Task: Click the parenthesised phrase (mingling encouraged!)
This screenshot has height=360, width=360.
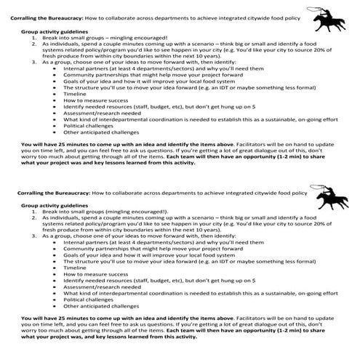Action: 135,213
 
